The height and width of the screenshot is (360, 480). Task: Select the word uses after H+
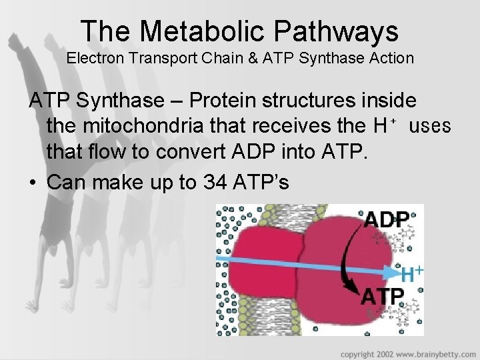pyautogui.click(x=431, y=126)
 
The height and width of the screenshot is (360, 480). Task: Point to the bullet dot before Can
pyautogui.click(x=32, y=181)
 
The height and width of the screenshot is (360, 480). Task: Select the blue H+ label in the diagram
pyautogui.click(x=413, y=273)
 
